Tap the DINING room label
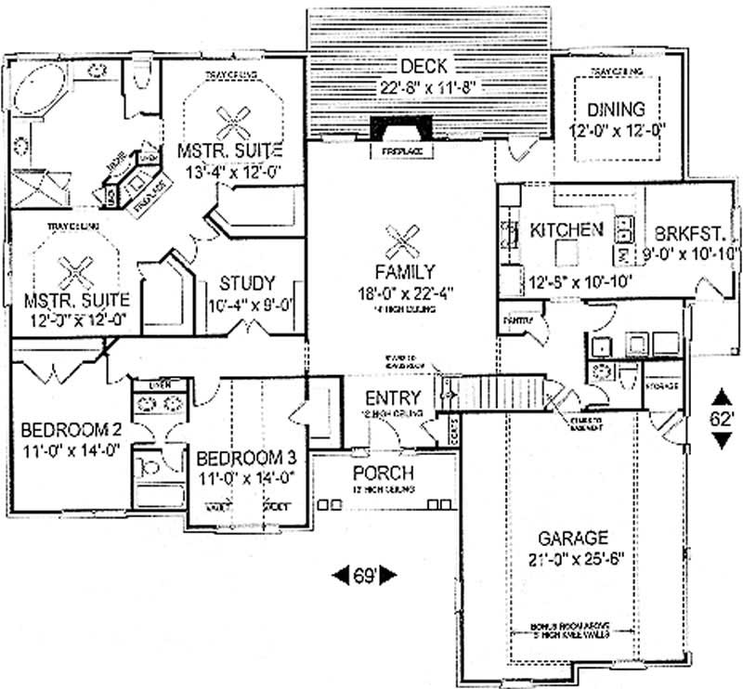coord(617,110)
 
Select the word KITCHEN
coord(567,229)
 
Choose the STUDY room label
coord(246,283)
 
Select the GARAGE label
coord(571,539)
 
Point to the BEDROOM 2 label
coord(72,430)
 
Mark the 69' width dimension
coord(364,576)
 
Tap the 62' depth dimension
coord(722,418)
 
